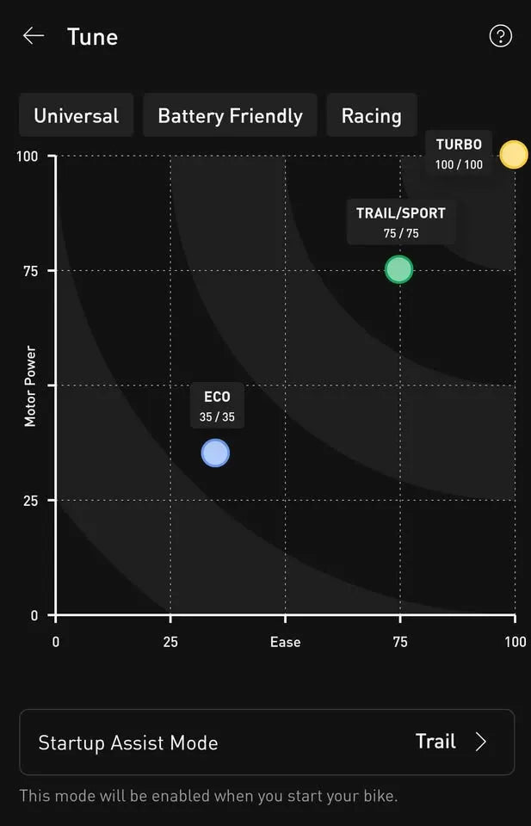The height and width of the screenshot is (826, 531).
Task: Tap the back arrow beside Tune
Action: coord(33,36)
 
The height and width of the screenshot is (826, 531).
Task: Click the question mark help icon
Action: coord(500,36)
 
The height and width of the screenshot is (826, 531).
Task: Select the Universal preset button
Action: coord(77,116)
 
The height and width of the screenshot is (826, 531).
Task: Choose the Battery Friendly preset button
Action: coord(230,116)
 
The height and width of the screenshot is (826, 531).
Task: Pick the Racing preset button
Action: coord(371,116)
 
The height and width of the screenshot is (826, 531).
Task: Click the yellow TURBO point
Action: coord(514,155)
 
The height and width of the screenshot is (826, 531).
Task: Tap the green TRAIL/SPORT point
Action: coord(399,269)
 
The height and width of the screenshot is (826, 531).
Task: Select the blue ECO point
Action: coord(215,453)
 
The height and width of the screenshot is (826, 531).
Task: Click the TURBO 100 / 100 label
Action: coord(459,154)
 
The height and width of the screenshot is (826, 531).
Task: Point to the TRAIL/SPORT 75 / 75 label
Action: coord(401,223)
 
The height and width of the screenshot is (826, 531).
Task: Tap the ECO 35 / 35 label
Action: coord(217,406)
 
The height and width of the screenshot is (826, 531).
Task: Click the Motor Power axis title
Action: coord(30,385)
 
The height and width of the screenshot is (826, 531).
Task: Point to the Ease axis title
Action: coord(285,642)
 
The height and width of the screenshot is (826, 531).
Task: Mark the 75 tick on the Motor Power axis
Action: coord(30,270)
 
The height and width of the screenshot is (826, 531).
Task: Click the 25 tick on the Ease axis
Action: coord(170,642)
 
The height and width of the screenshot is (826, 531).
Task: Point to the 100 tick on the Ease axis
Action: coord(515,642)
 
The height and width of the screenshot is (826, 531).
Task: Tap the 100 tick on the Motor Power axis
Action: coord(27,156)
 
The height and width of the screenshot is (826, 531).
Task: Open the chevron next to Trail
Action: coord(480,742)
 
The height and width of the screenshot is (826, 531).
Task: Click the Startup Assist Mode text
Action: coord(128,743)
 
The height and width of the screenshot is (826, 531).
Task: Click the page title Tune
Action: coord(92,36)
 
